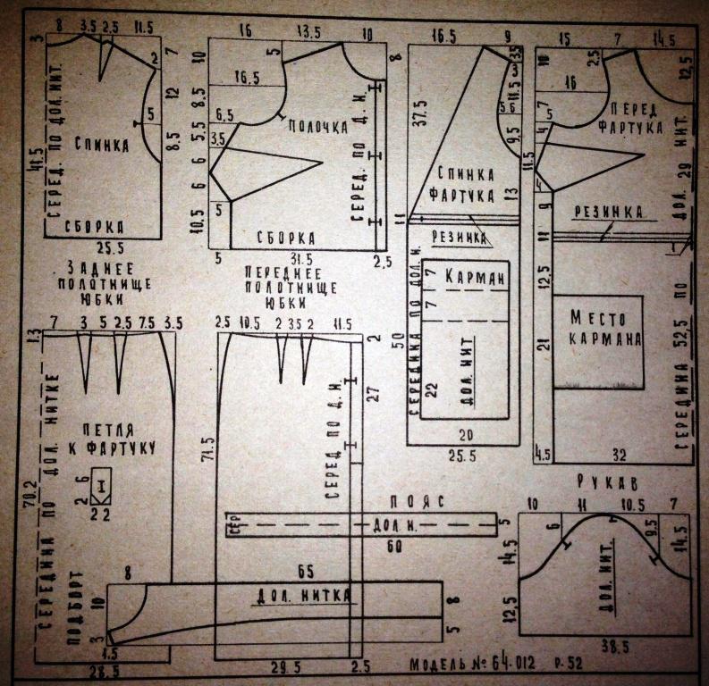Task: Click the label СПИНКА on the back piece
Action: (99, 144)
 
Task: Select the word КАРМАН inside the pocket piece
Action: (474, 277)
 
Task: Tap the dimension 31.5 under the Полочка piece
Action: (289, 257)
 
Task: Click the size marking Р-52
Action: (575, 665)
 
